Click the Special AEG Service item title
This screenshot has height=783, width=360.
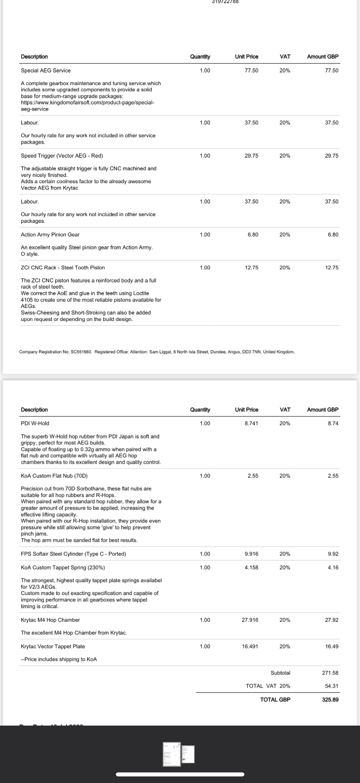[x=46, y=70]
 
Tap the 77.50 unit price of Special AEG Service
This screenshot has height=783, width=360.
[x=251, y=70]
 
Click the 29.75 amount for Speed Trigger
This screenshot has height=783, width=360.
[x=332, y=156]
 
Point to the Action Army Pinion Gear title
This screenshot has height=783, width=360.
[x=50, y=234]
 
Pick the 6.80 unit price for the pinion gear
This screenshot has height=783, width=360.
[x=253, y=234]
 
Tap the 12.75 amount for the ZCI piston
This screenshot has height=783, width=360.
[x=332, y=268]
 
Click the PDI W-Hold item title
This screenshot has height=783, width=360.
[x=35, y=423]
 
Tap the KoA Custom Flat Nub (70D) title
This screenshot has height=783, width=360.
[x=54, y=476]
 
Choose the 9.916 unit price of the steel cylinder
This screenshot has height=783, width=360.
[x=251, y=553]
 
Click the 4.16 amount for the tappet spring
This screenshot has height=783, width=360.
[x=333, y=567]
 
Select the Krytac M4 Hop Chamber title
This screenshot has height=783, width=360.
[x=50, y=620]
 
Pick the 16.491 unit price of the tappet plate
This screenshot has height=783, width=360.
[x=250, y=646]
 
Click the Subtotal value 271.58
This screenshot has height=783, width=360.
[x=331, y=673]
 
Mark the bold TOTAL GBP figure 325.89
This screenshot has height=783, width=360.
[x=331, y=699]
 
